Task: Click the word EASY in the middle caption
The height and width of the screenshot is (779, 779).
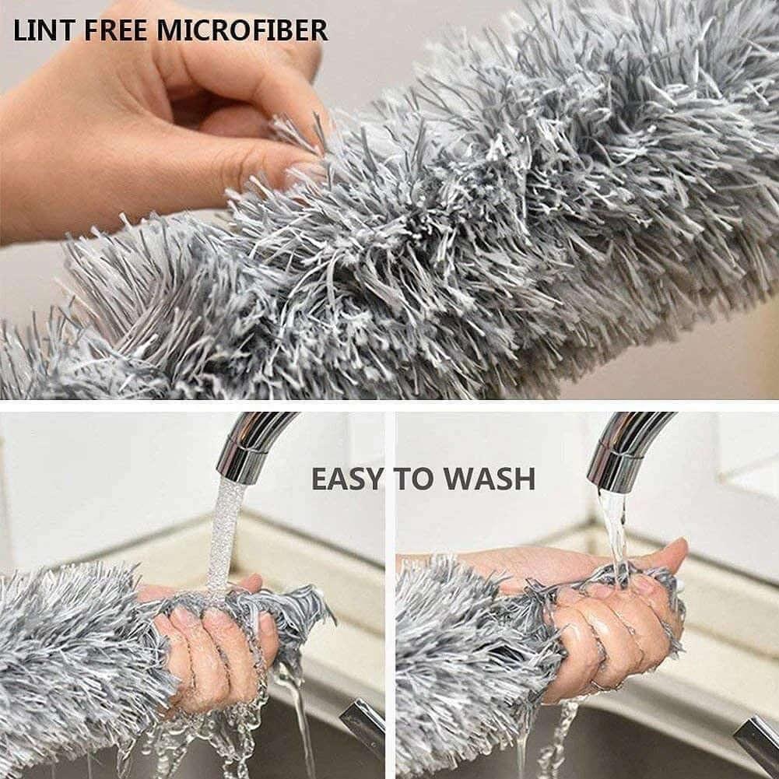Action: [347, 479]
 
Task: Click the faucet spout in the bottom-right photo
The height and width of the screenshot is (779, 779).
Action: [623, 447]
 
